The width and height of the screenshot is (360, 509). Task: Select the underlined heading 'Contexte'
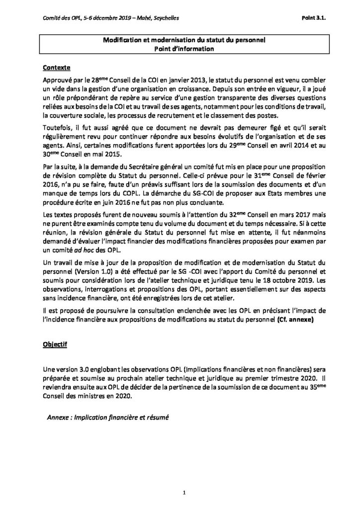(57, 67)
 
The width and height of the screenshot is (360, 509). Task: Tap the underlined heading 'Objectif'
(55, 343)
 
